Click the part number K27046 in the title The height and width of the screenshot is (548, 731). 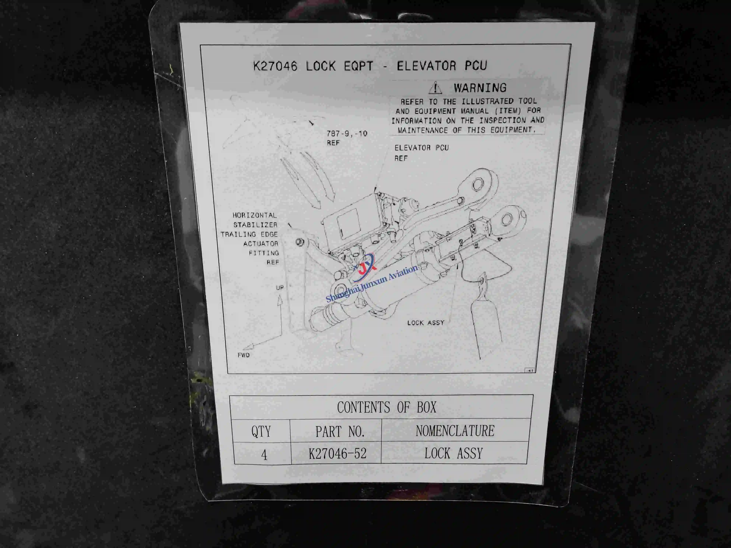point(275,66)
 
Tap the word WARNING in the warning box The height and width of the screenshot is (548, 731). point(480,88)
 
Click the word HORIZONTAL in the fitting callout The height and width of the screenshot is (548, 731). point(254,215)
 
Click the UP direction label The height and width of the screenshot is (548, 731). point(280,288)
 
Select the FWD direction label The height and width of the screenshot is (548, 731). point(244,355)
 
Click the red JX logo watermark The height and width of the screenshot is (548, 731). point(365,267)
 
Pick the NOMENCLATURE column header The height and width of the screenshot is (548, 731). point(455,431)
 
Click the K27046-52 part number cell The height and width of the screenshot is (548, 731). point(337,454)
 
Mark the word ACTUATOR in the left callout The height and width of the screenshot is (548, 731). point(261,243)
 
